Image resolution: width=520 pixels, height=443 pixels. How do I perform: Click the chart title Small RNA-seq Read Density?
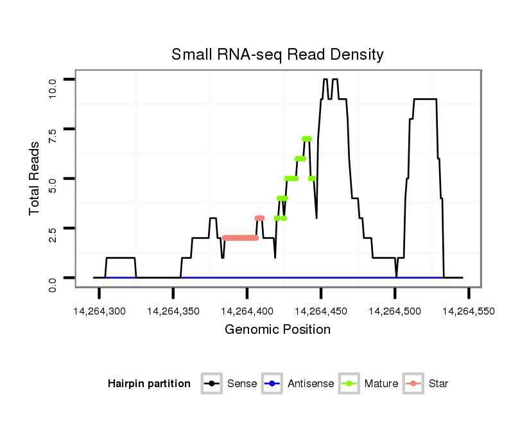277,55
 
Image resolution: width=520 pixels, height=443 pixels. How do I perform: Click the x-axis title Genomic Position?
277,330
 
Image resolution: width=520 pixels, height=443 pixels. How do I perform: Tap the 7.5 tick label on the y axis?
53,134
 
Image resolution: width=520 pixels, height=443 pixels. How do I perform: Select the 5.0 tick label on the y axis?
53,184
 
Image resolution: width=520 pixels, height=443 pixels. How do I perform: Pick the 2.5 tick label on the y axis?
53,233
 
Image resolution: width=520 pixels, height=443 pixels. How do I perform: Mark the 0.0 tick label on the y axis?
53,282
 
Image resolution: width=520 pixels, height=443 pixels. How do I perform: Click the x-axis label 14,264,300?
99,311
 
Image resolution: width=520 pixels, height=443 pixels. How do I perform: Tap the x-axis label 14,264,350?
173,311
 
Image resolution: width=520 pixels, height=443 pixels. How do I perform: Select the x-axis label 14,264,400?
247,311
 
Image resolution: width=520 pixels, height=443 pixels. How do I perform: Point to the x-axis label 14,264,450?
321,311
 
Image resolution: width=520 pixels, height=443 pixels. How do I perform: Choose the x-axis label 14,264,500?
395,311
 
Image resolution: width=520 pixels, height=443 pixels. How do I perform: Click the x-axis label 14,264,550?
469,311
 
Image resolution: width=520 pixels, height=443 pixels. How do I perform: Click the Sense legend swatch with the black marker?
211,384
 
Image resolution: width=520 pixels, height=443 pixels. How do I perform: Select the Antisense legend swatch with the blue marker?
272,384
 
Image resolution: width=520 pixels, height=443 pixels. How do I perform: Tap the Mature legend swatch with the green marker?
349,384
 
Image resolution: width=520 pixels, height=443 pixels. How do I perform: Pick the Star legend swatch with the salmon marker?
413,384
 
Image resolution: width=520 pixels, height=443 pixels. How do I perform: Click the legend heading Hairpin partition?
149,384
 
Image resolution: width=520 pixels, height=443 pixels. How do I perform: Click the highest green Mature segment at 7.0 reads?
307,139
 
